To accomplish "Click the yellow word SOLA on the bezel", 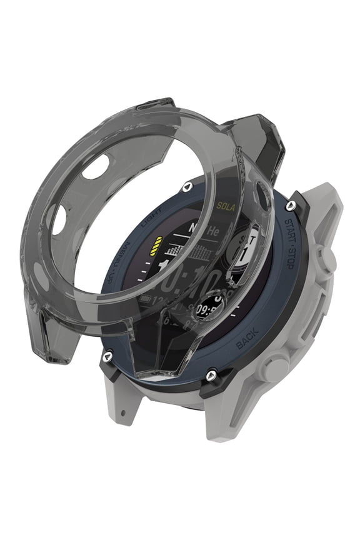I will click(x=226, y=205).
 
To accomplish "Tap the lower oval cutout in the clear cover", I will click(x=59, y=220).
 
